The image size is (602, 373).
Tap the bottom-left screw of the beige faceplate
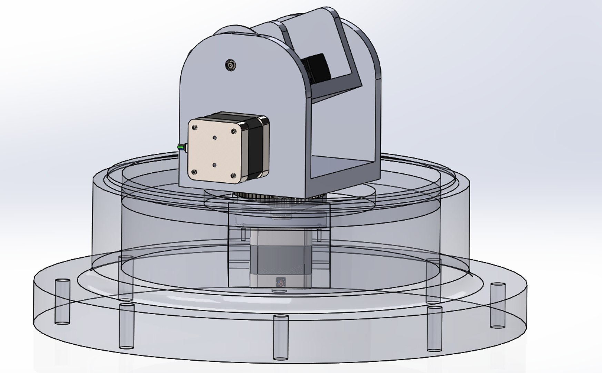[194, 171]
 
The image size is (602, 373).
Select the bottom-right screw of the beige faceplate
[233, 175]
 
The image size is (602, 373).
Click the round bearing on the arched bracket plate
[230, 65]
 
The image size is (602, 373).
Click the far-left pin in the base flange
[62, 301]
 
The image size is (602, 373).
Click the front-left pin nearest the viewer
[126, 326]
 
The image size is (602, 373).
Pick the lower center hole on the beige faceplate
[214, 165]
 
